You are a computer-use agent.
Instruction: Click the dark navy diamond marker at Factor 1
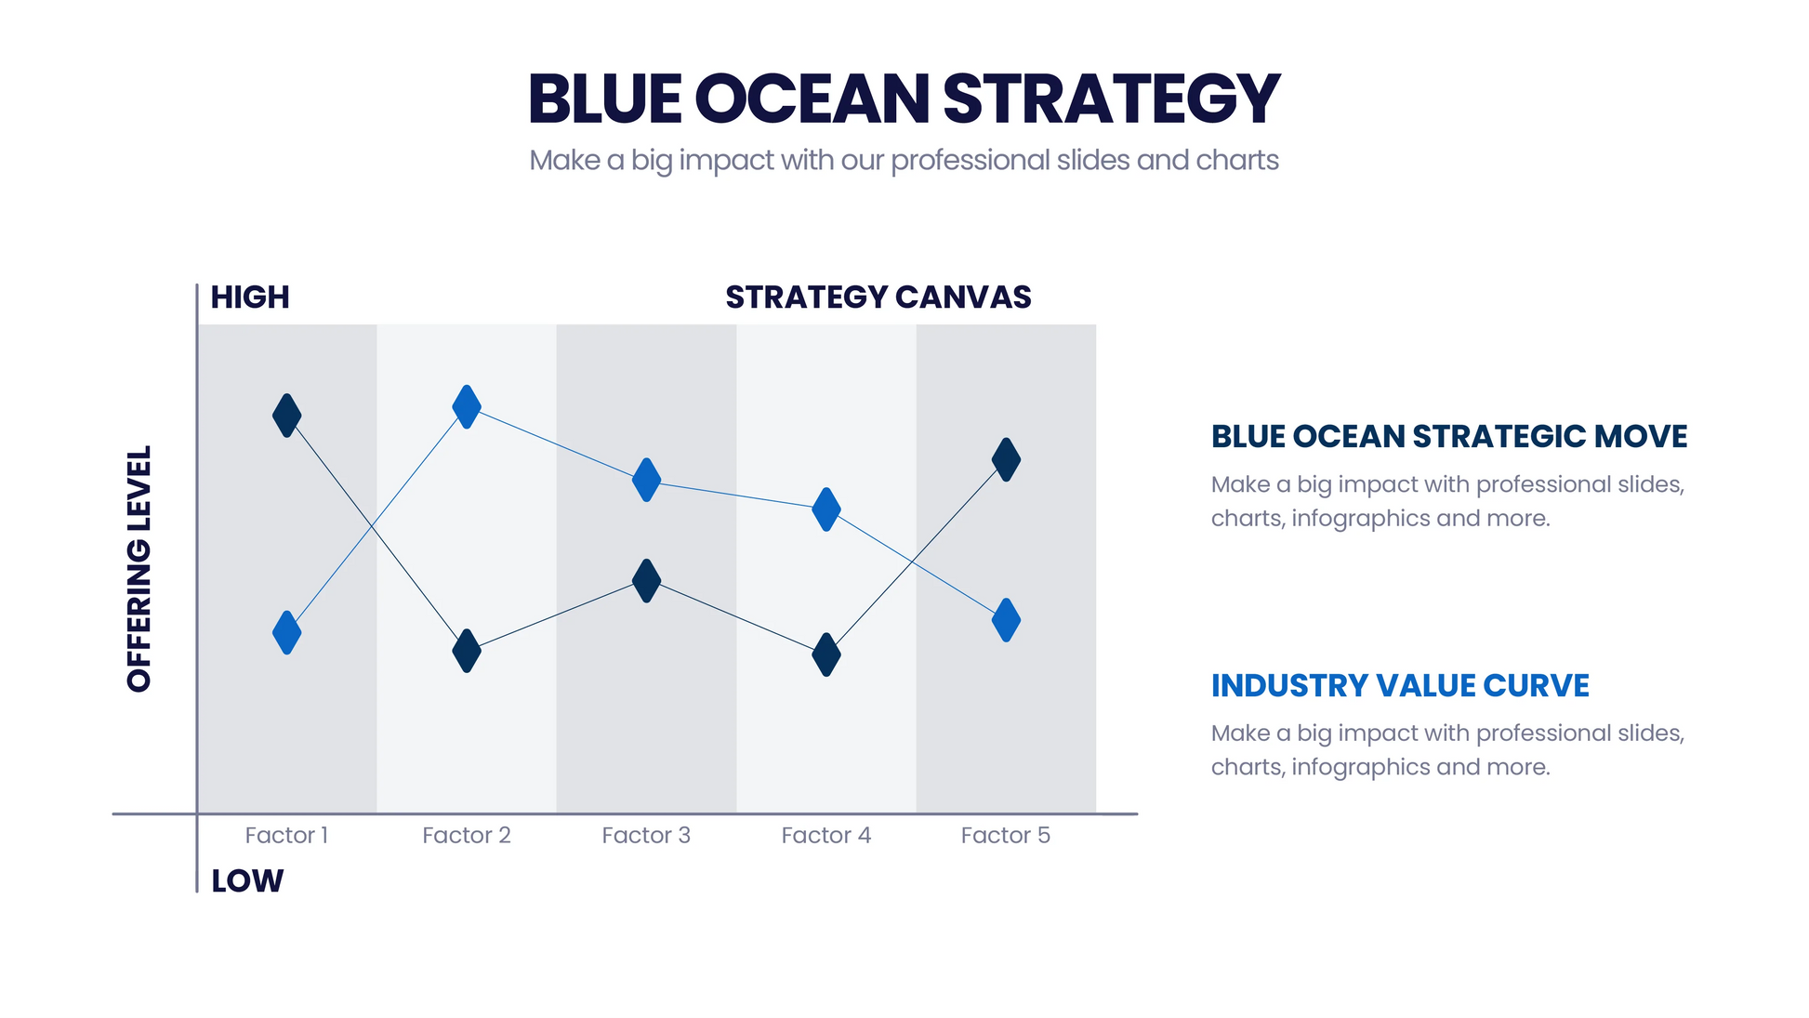click(286, 416)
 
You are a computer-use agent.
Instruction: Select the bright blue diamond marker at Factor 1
click(286, 632)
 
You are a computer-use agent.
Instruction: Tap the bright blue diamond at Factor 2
click(467, 406)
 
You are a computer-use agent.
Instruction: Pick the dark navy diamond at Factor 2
click(467, 651)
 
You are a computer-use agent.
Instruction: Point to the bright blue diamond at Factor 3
click(646, 480)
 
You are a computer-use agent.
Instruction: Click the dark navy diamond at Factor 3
click(646, 580)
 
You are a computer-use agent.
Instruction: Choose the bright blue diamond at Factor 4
click(825, 509)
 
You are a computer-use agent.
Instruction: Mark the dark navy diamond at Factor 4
click(825, 654)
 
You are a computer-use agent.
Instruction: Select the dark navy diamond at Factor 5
click(1006, 459)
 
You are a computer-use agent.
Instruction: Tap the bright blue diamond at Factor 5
click(1006, 619)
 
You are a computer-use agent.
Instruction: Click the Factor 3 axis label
click(646, 835)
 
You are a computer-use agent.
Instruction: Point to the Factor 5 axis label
click(1005, 835)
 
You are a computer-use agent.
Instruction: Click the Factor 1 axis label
click(286, 835)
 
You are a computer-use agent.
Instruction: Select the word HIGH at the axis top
click(250, 297)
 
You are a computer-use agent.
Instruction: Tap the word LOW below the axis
click(247, 880)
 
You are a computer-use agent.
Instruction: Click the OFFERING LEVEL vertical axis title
click(139, 569)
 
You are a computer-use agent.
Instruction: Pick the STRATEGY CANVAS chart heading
click(878, 297)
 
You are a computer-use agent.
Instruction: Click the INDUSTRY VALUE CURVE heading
click(1399, 685)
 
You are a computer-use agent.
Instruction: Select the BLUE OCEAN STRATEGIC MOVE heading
click(1448, 436)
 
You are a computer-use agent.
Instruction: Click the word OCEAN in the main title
click(812, 99)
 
